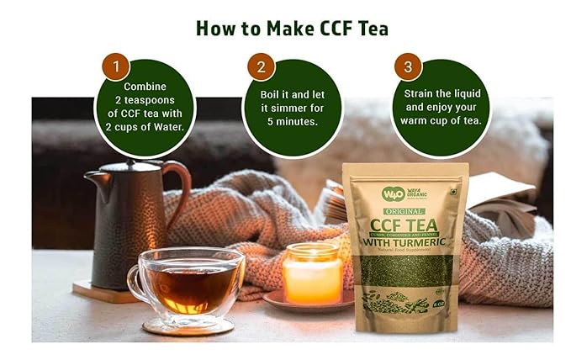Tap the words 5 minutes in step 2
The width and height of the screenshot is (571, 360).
[x=293, y=121]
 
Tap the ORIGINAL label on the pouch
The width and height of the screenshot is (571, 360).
[x=404, y=209]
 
